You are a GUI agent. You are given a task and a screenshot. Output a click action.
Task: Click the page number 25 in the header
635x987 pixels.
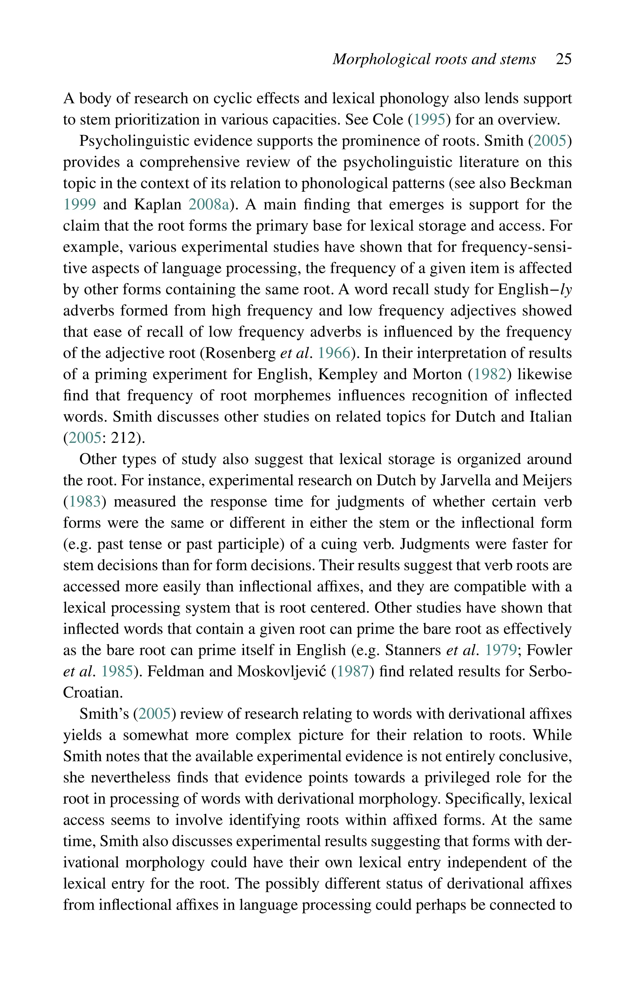pyautogui.click(x=563, y=59)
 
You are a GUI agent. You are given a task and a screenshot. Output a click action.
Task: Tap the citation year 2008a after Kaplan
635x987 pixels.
pyautogui.click(x=209, y=205)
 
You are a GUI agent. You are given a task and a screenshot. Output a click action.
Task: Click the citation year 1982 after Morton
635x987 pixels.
pyautogui.click(x=490, y=374)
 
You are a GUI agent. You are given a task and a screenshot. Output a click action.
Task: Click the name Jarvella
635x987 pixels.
pyautogui.click(x=466, y=480)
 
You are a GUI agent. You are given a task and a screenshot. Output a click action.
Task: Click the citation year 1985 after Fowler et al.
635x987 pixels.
pyautogui.click(x=117, y=672)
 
